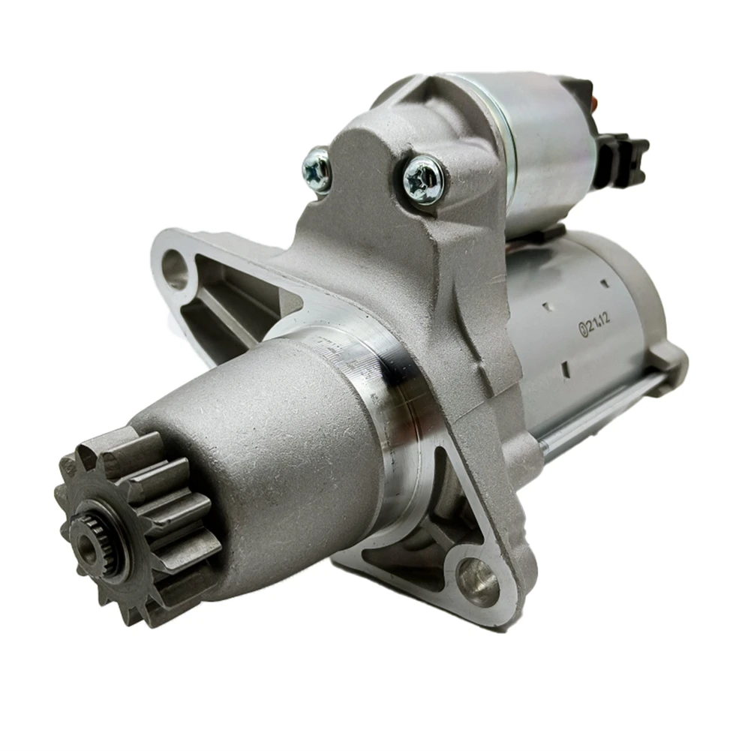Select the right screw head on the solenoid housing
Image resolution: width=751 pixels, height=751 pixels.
[422, 179]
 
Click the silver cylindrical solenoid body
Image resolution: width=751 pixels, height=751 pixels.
[540, 143]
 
